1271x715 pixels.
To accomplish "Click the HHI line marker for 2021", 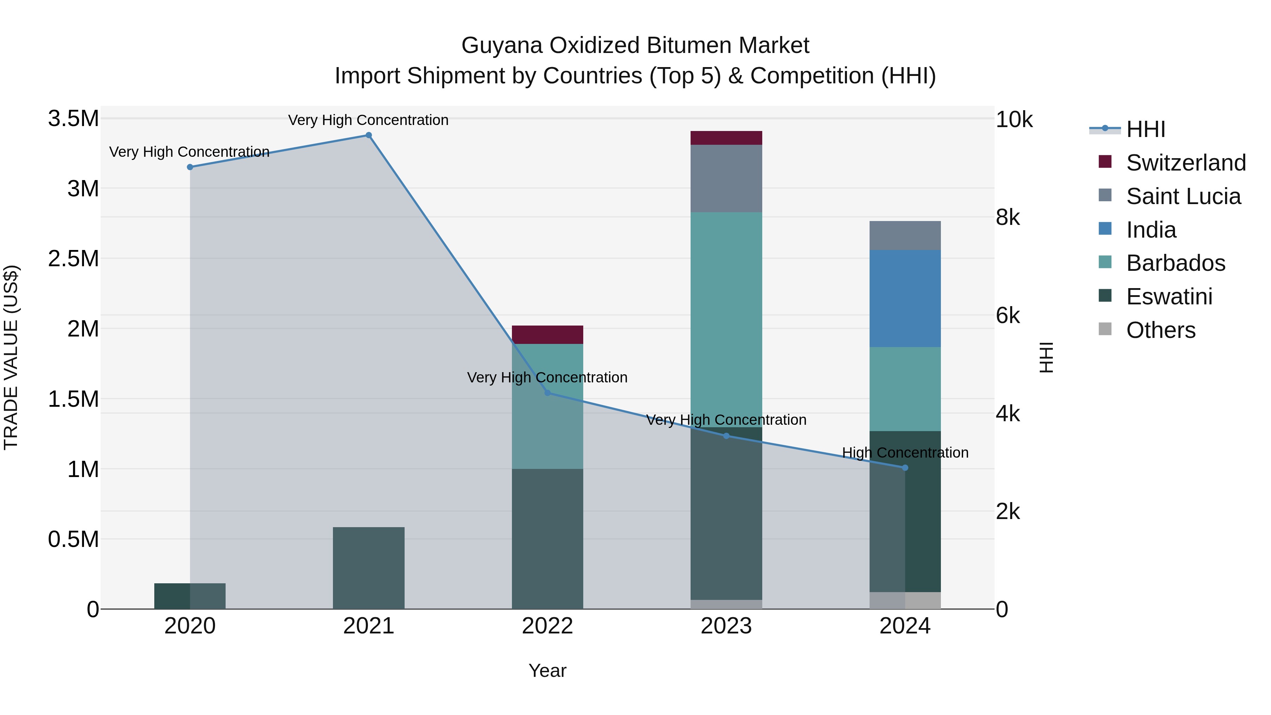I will [368, 135].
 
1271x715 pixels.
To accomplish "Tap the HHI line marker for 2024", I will [905, 467].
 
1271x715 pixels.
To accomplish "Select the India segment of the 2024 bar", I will [905, 298].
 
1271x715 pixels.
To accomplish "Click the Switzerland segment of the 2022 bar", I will [547, 335].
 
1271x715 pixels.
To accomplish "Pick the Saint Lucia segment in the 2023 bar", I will [726, 178].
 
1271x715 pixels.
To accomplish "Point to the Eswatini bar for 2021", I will [368, 567].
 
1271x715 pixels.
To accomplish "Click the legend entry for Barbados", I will [1176, 263].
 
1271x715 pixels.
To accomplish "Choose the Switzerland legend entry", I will [1186, 163].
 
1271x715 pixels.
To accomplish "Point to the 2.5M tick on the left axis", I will [73, 258].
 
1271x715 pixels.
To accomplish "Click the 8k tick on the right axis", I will [1008, 218].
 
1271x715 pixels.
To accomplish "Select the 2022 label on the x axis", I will [547, 626].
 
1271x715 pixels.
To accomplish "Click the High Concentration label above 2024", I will [905, 453].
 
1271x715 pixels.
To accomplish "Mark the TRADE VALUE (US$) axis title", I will [11, 357].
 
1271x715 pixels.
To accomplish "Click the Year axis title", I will [547, 671].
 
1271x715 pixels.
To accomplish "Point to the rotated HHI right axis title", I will [1046, 357].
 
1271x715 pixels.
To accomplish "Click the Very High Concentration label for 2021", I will [368, 120].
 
